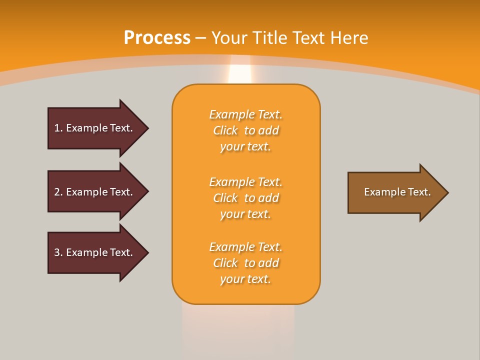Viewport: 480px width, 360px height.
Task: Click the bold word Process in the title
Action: coord(157,38)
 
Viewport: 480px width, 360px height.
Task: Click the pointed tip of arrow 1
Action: coord(147,128)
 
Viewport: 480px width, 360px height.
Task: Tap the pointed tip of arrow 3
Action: coord(147,252)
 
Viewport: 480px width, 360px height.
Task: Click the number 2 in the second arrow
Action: coord(57,192)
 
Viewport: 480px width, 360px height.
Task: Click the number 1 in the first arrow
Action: coord(57,128)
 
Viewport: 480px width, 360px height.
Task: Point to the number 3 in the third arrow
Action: coord(57,252)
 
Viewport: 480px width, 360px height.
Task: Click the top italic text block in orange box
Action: coord(245,130)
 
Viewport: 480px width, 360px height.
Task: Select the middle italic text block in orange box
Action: coord(245,198)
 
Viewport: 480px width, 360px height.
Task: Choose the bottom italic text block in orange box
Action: coord(245,263)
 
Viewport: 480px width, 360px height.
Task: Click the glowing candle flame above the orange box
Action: coord(240,74)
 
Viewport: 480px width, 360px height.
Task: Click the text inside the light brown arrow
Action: coord(397,192)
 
